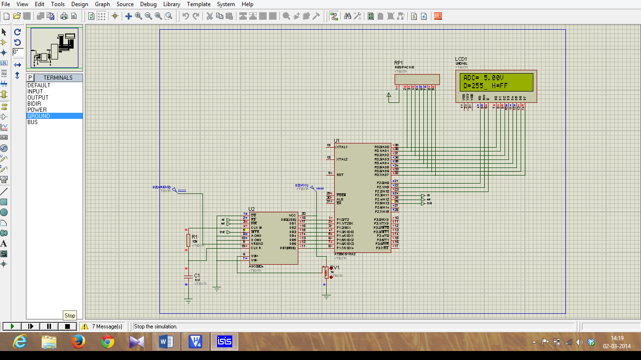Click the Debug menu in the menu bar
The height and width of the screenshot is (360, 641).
[148, 4]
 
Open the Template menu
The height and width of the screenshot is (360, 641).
[199, 4]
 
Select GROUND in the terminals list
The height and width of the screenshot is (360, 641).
[39, 116]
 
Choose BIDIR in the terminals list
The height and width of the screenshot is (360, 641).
[34, 104]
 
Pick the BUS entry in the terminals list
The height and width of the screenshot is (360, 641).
[33, 122]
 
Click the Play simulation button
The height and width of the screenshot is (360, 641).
[13, 326]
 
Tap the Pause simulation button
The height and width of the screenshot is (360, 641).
[49, 326]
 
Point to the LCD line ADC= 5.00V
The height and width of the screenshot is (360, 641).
[483, 78]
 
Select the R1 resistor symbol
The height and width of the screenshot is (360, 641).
[188, 240]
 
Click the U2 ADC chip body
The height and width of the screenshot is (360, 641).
[273, 238]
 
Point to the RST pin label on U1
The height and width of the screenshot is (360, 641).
[340, 175]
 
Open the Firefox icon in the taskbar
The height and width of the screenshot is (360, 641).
[78, 342]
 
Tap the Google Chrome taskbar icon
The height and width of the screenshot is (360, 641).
[108, 342]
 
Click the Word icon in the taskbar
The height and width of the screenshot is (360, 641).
[166, 342]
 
